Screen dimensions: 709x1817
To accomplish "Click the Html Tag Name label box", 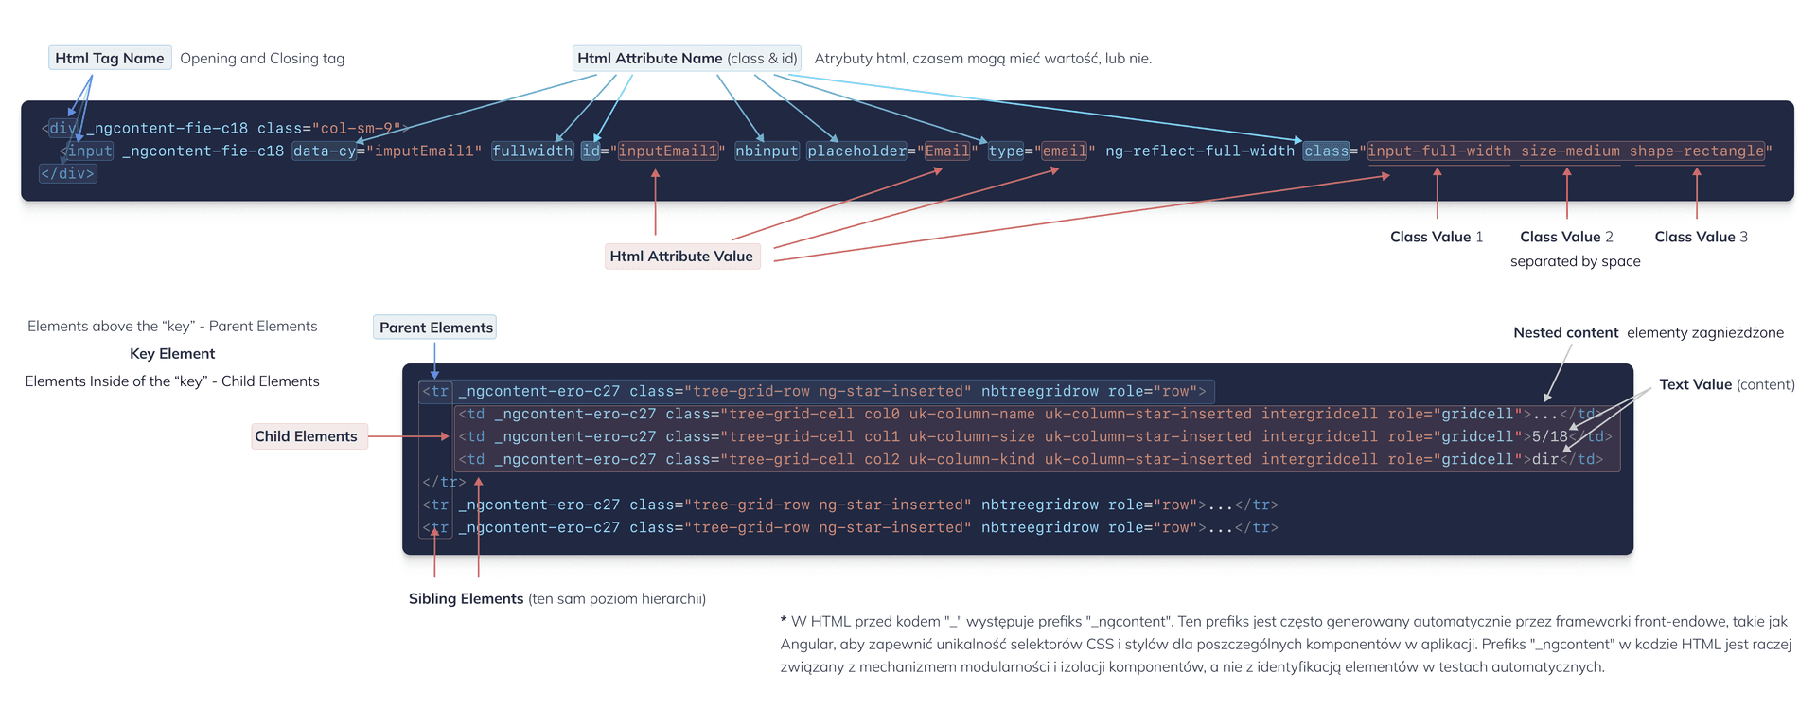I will pyautogui.click(x=110, y=58).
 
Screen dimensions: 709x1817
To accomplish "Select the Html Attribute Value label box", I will pyautogui.click(x=681, y=256).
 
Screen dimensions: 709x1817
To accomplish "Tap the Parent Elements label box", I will pyautogui.click(x=435, y=328).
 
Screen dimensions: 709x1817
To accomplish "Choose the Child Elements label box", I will pyautogui.click(x=306, y=436).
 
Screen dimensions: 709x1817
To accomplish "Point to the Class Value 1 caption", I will pyautogui.click(x=1436, y=237).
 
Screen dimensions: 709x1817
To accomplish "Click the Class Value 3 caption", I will pyautogui.click(x=1701, y=237).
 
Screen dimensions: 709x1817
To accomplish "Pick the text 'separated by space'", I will pyautogui.click(x=1575, y=261).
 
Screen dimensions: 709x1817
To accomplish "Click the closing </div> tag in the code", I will pyautogui.click(x=67, y=173).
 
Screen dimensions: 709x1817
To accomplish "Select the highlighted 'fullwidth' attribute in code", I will pyautogui.click(x=532, y=151).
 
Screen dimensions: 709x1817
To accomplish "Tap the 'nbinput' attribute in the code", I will pyautogui.click(x=767, y=151).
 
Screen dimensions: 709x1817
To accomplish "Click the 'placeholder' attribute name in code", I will pyautogui.click(x=856, y=151).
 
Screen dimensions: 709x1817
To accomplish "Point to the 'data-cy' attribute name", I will pyautogui.click(x=324, y=151).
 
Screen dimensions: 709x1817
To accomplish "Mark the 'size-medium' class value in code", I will pyautogui.click(x=1570, y=151).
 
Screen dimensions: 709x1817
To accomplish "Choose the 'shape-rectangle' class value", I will pyautogui.click(x=1697, y=151).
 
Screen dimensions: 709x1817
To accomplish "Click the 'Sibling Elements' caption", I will pyautogui.click(x=466, y=598).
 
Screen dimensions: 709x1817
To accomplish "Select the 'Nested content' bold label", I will pyautogui.click(x=1565, y=332).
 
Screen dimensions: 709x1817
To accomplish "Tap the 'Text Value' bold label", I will pyautogui.click(x=1695, y=384).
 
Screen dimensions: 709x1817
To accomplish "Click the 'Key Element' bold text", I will pyautogui.click(x=172, y=353).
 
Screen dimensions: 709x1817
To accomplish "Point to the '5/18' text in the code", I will pyautogui.click(x=1549, y=436).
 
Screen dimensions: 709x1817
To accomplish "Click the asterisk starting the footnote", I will pyautogui.click(x=784, y=620).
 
